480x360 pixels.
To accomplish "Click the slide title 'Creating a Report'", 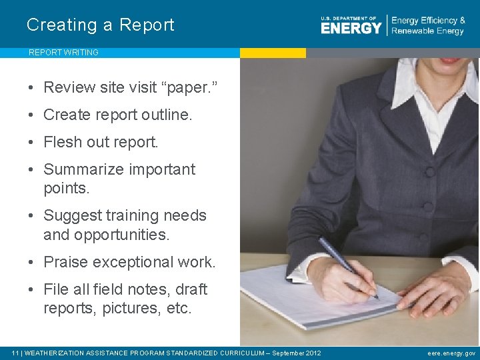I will pyautogui.click(x=100, y=25).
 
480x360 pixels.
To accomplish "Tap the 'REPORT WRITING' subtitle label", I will pyautogui.click(x=63, y=53).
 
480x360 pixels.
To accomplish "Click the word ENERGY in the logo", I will pyautogui.click(x=351, y=28).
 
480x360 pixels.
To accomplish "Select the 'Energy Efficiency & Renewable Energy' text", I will pyautogui.click(x=428, y=26).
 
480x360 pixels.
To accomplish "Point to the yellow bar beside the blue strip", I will pyautogui.click(x=273, y=53).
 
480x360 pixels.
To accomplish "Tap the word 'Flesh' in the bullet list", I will pyautogui.click(x=62, y=142).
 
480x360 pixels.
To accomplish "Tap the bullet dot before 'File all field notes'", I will pyautogui.click(x=32, y=289).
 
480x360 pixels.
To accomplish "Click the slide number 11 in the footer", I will pyautogui.click(x=15, y=353).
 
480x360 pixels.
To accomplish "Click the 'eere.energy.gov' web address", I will pyautogui.click(x=451, y=353).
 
